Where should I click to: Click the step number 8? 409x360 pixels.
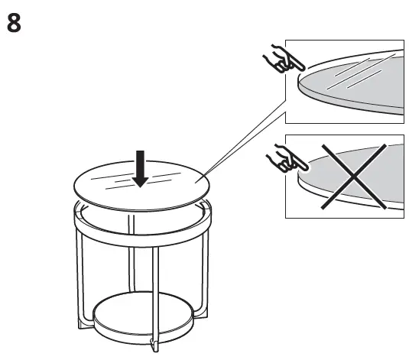14,22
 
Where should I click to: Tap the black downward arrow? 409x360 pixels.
141,169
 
